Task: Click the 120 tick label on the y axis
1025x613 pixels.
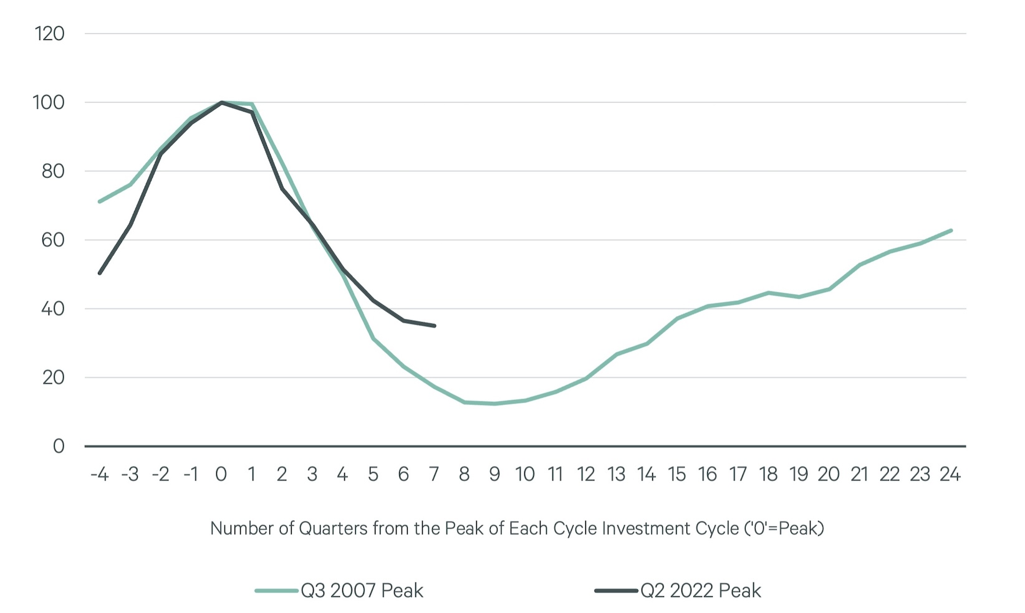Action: coord(50,34)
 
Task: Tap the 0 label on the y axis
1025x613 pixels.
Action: coord(59,446)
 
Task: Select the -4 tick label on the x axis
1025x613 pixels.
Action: coord(99,475)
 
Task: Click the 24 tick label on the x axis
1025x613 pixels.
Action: coord(950,475)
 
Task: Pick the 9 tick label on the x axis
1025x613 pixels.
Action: coord(494,475)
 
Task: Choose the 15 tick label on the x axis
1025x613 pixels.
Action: coord(676,475)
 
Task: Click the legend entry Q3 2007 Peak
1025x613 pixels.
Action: coord(362,591)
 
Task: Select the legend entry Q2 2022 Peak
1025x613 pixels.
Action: coord(700,591)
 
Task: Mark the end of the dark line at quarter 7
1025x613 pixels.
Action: coord(434,326)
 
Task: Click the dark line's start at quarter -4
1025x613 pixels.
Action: coord(100,273)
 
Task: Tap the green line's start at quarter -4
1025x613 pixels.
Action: coord(100,201)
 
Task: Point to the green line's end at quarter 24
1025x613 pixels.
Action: coord(951,230)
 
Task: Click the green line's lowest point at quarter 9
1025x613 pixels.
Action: coord(494,404)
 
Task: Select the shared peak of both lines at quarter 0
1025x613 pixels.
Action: coord(221,102)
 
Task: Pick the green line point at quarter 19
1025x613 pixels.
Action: coord(799,297)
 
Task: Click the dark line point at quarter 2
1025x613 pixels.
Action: coord(282,188)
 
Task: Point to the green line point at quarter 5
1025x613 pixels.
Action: coord(373,338)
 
